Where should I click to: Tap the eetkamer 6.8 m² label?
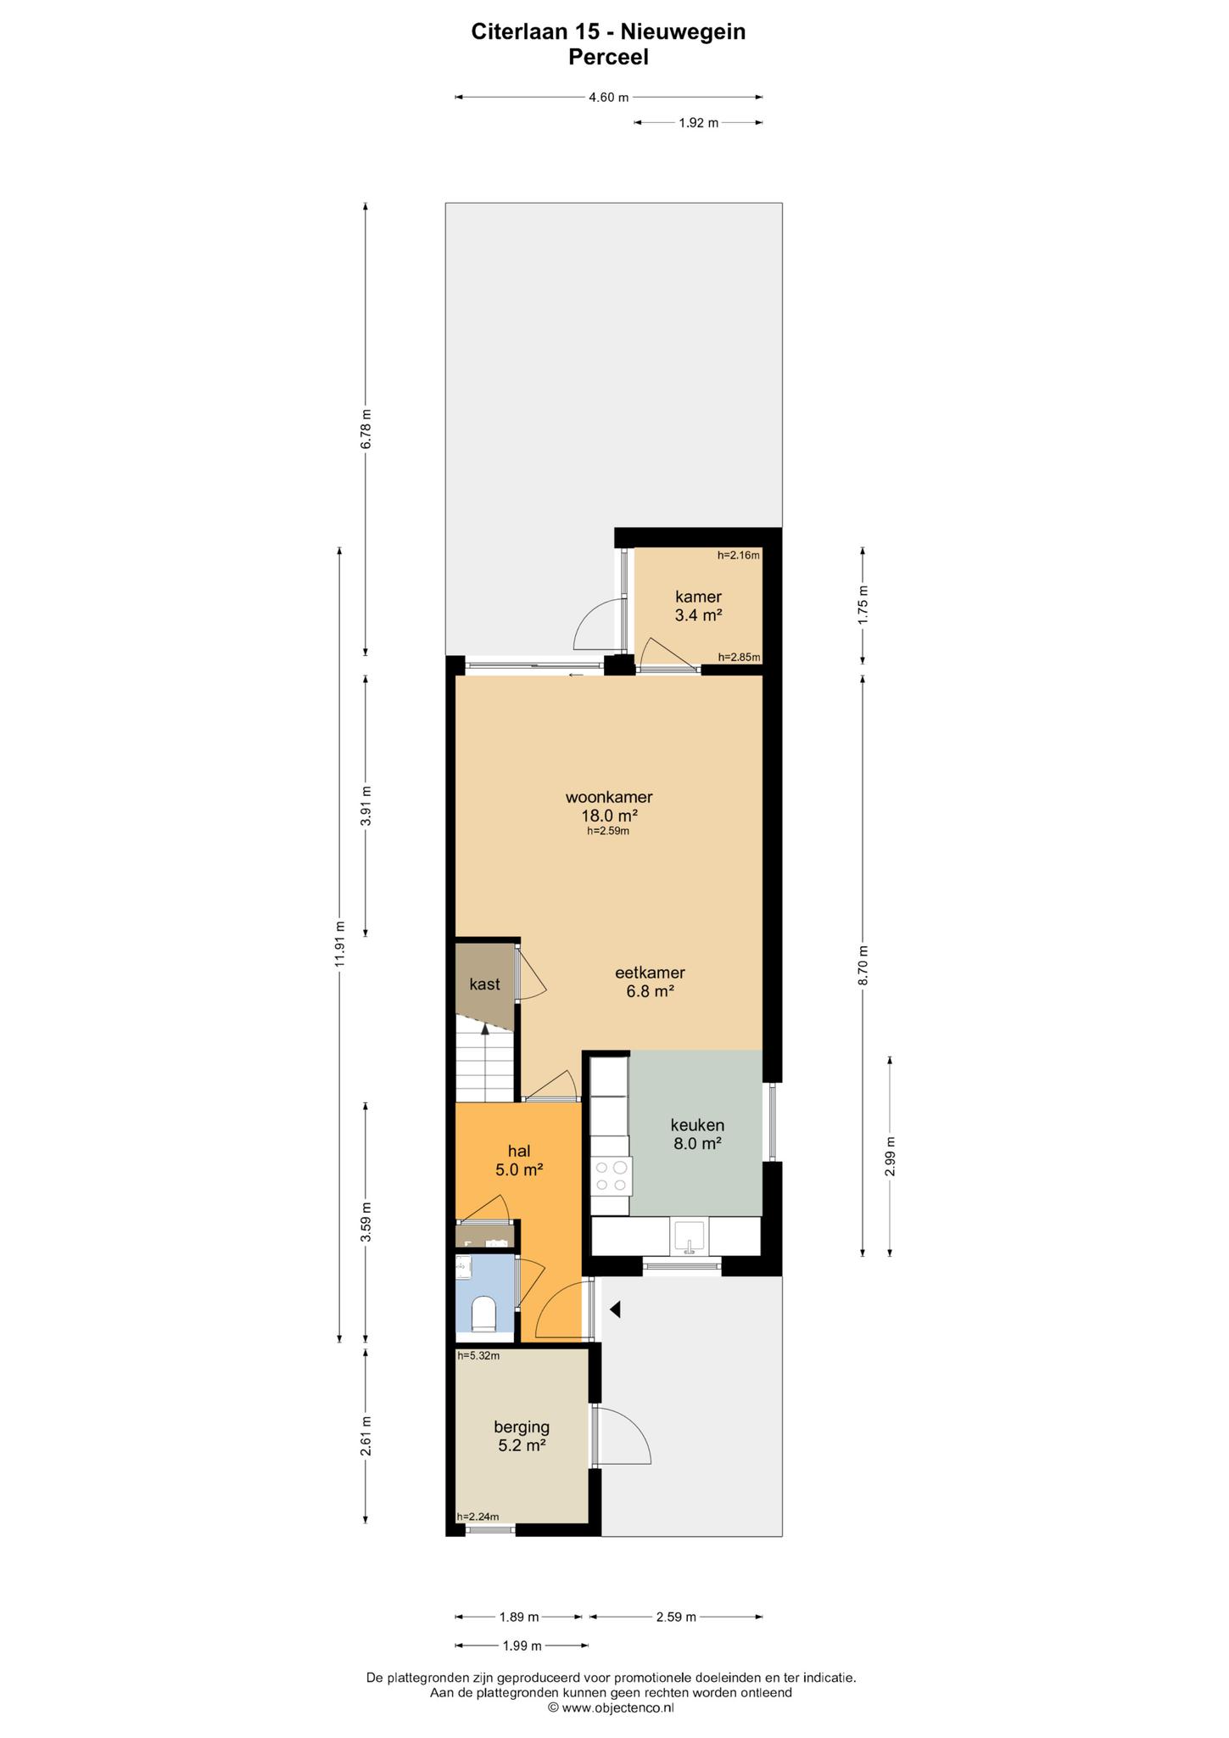point(650,982)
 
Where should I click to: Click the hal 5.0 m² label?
point(519,1160)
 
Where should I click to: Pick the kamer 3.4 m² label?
point(698,606)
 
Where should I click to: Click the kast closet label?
point(484,984)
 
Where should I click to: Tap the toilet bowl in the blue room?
point(483,1314)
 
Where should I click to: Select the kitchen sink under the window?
point(690,1236)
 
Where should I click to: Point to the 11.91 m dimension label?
point(339,944)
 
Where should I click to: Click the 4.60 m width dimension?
point(608,98)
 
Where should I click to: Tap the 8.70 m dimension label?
point(863,965)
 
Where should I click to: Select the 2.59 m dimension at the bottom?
point(676,1617)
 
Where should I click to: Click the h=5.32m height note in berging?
point(478,1356)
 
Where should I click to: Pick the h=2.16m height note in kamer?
point(739,556)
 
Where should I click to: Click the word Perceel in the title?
point(608,57)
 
